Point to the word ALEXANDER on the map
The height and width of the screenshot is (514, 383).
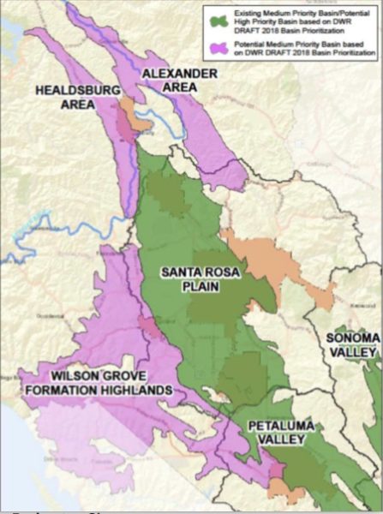pyautogui.click(x=180, y=75)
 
